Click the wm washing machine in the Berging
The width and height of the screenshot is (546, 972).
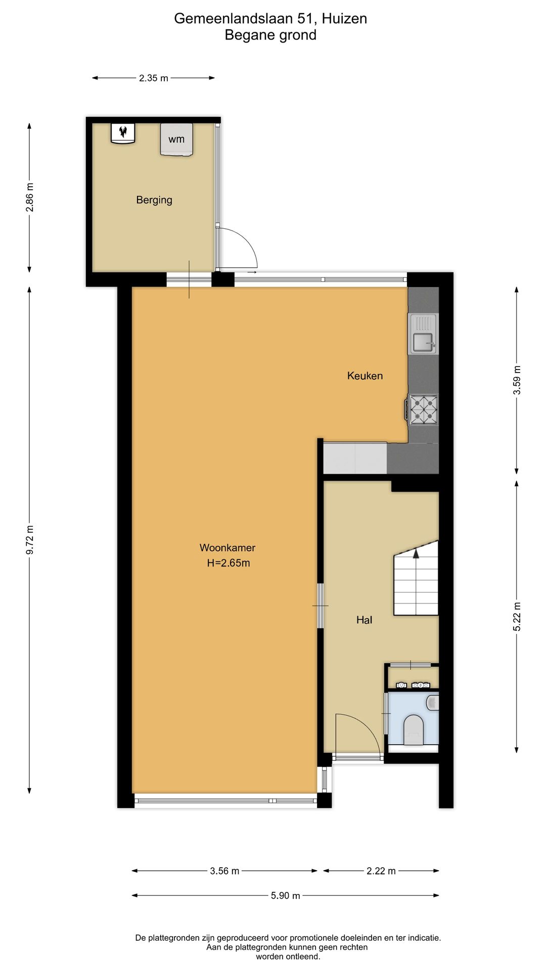pyautogui.click(x=176, y=139)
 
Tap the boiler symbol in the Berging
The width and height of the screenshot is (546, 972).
pyautogui.click(x=123, y=133)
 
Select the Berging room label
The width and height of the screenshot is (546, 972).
pyautogui.click(x=154, y=200)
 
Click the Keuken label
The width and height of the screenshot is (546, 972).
pyautogui.click(x=365, y=376)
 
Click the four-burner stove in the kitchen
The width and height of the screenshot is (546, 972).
pyautogui.click(x=424, y=409)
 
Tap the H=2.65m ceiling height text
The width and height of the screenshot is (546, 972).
pyautogui.click(x=229, y=563)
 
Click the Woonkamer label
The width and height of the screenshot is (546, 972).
pyautogui.click(x=227, y=548)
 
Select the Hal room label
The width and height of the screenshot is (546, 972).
pyautogui.click(x=364, y=620)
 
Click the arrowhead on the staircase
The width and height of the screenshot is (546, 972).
pyautogui.click(x=416, y=554)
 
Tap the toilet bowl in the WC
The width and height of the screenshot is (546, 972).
pyautogui.click(x=414, y=730)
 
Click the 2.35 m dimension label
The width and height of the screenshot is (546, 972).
pyautogui.click(x=154, y=78)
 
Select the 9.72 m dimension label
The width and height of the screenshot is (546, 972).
pyautogui.click(x=30, y=540)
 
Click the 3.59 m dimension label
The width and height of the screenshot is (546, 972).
pyautogui.click(x=517, y=380)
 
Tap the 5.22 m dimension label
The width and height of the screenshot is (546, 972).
pyautogui.click(x=517, y=617)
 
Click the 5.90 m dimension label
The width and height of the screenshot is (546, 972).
pyautogui.click(x=286, y=896)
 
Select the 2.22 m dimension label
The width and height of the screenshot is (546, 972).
pyautogui.click(x=381, y=871)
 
